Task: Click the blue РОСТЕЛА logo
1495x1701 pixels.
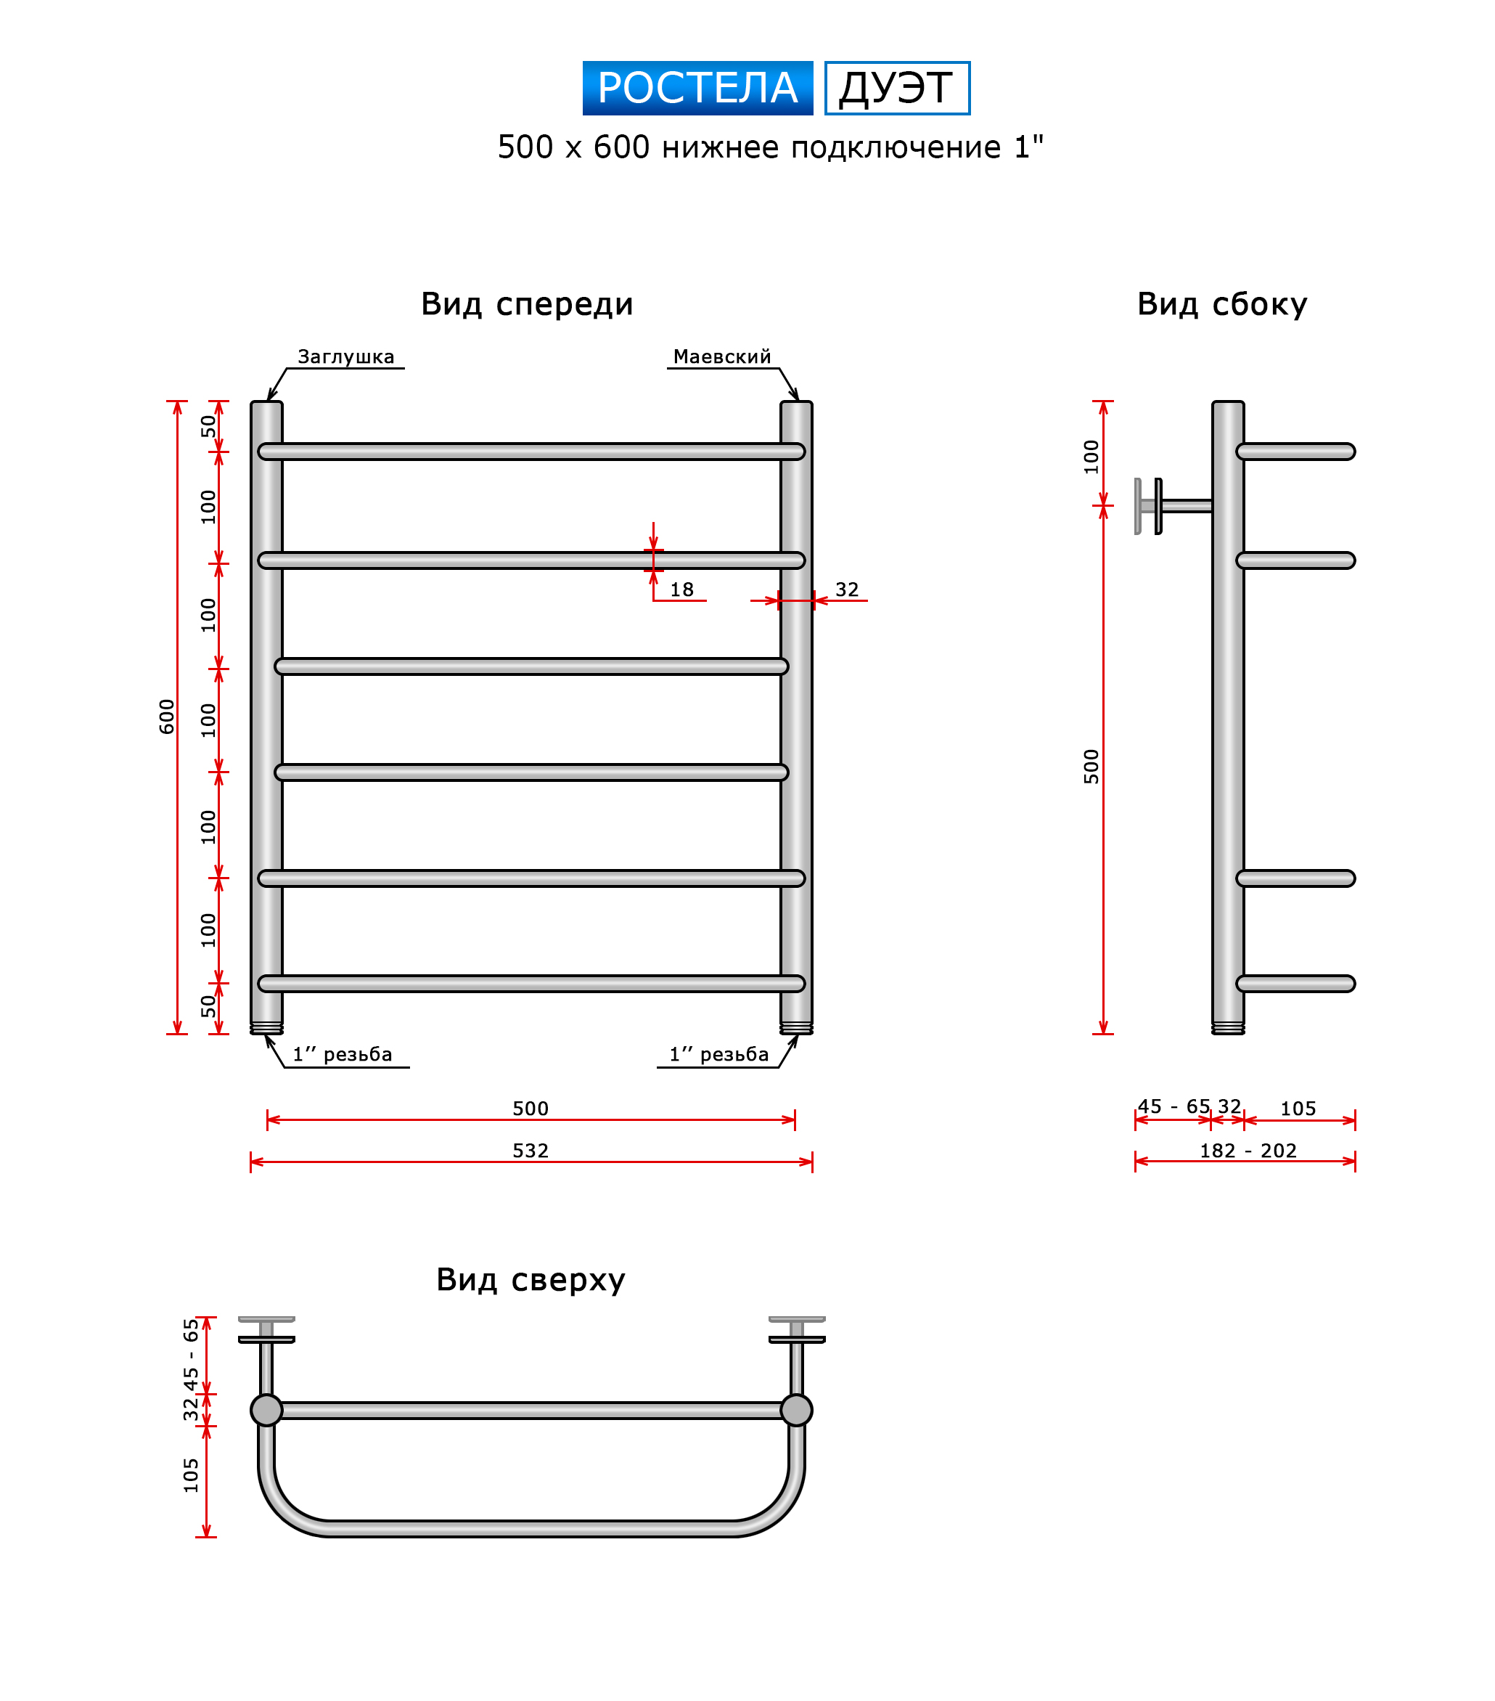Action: [697, 87]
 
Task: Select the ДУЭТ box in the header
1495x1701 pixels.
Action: [896, 87]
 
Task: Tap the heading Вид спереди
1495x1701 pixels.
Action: [527, 303]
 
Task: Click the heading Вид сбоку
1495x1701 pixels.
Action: [1221, 303]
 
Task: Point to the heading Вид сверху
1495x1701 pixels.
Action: [530, 1279]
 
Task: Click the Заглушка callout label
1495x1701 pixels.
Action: [345, 356]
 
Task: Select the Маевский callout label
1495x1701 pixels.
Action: [721, 356]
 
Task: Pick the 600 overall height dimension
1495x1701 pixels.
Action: [167, 716]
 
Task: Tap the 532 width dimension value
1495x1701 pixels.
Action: [530, 1150]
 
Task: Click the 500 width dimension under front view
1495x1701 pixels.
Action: [530, 1108]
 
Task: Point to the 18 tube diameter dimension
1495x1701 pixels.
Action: [681, 590]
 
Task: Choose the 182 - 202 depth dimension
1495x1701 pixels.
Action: [1247, 1150]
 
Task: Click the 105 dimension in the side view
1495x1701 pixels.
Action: [1297, 1108]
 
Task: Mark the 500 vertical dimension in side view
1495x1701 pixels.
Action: [1091, 766]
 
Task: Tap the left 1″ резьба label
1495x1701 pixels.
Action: [342, 1053]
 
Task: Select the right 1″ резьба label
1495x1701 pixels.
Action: [718, 1053]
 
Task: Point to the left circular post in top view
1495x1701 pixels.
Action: [266, 1410]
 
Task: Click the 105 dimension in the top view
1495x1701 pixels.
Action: [192, 1474]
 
